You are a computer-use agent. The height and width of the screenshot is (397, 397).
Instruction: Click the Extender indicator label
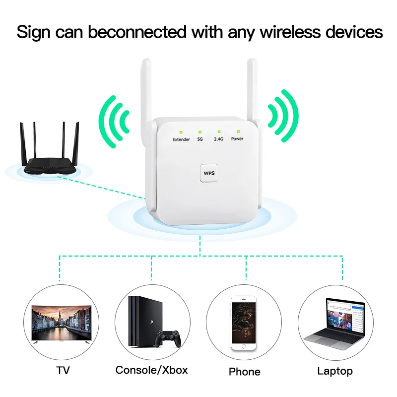(181, 139)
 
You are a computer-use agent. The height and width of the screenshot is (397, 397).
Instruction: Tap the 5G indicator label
(200, 139)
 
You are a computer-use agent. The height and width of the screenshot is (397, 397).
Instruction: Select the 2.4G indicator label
(218, 139)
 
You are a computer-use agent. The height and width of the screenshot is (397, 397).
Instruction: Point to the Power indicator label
(237, 139)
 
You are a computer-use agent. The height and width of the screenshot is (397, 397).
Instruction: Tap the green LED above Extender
(181, 132)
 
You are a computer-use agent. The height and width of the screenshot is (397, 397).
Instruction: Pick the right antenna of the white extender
(252, 89)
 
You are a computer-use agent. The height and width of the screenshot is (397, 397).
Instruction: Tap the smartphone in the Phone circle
(244, 323)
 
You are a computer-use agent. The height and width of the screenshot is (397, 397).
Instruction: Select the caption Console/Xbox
(152, 370)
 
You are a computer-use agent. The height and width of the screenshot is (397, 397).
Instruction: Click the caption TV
(63, 370)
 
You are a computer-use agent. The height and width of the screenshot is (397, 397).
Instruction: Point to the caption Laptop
(335, 371)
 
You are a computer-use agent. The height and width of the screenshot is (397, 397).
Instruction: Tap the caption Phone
(245, 371)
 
